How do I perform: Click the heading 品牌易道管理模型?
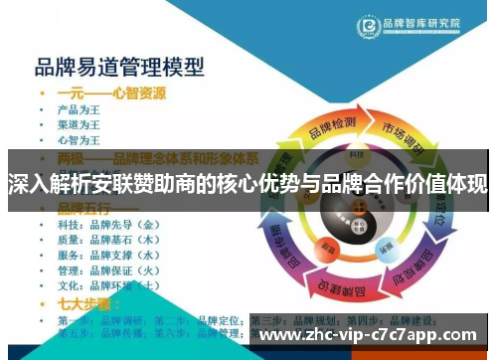[119, 68]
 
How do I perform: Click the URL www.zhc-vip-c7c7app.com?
[367, 335]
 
